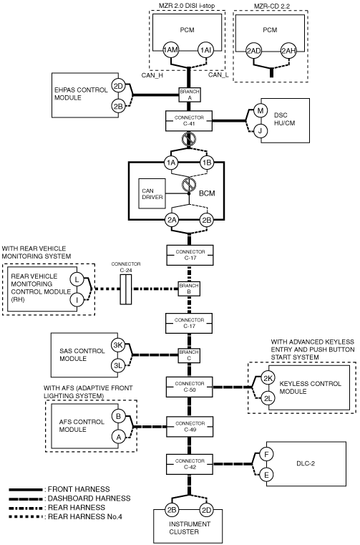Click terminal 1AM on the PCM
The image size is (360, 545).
tap(170, 50)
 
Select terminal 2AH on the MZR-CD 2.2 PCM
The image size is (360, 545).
tap(288, 51)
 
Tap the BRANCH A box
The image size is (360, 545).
tap(190, 95)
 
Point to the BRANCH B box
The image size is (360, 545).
tap(189, 289)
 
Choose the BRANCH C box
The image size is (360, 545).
tap(189, 355)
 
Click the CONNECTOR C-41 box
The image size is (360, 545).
tap(189, 121)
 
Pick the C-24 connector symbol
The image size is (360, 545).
tap(126, 289)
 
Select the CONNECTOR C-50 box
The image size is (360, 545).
tap(190, 387)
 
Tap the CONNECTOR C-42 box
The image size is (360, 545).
tap(190, 464)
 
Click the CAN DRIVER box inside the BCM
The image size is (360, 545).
tap(152, 193)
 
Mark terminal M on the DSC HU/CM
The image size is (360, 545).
tap(261, 111)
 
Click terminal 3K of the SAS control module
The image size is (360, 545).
tap(118, 345)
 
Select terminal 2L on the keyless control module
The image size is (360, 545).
tap(268, 398)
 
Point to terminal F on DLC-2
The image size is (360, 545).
tap(266, 454)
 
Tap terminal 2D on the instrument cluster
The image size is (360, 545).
tap(206, 510)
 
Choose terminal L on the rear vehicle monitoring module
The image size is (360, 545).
tap(77, 279)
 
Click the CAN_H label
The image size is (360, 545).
tap(152, 74)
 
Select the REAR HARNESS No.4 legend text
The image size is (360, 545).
tap(84, 516)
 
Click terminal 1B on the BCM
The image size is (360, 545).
tap(207, 163)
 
